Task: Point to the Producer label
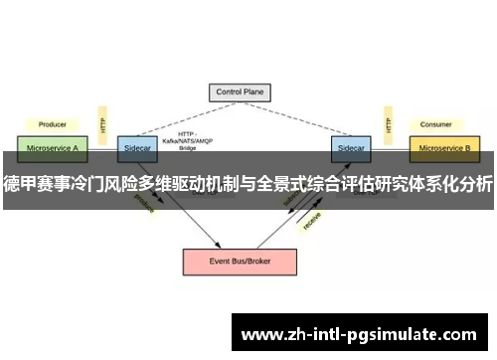tap(52, 124)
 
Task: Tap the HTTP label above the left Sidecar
tap(102, 124)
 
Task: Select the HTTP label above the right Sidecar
tap(387, 124)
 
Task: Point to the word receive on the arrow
tap(311, 219)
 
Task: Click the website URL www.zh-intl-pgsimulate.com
tap(361, 333)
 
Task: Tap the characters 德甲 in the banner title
tap(20, 183)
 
